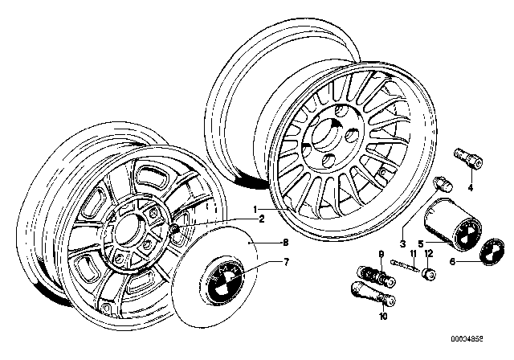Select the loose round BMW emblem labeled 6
tap(489, 251)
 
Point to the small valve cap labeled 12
tap(429, 275)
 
